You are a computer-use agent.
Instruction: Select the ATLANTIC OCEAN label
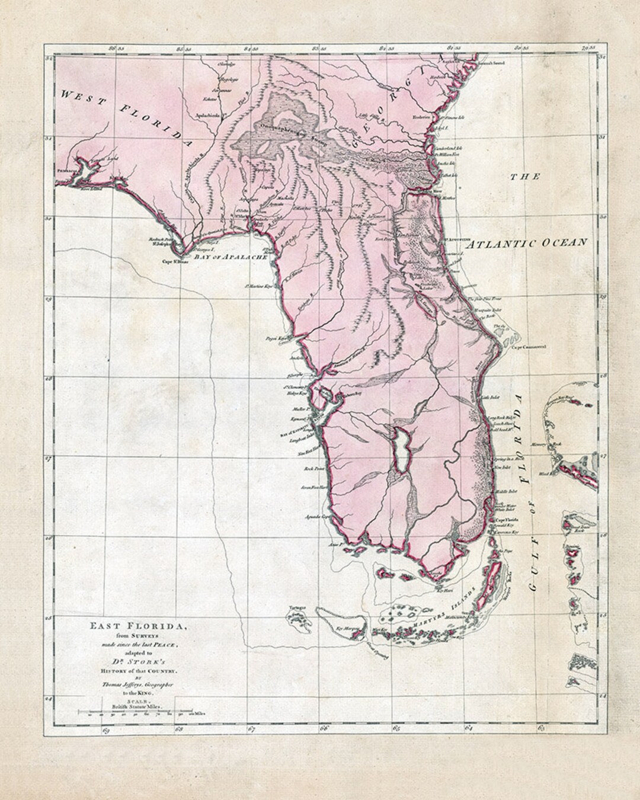click(x=526, y=242)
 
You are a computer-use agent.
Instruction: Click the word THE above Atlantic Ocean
click(x=527, y=177)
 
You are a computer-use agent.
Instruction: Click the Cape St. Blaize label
click(x=175, y=261)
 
